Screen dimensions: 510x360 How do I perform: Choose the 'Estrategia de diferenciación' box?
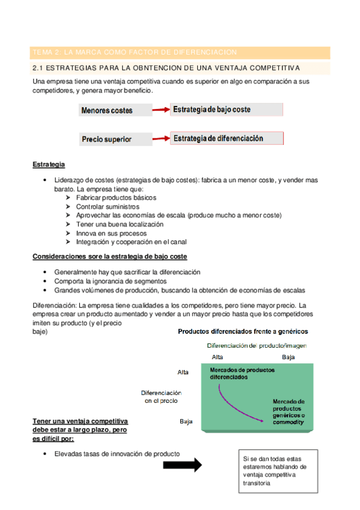227,138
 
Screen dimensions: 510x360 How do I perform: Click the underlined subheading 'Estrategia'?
49,164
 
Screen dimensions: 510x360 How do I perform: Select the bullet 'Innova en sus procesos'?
107,233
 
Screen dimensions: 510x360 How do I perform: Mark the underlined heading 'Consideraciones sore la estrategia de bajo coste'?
109,257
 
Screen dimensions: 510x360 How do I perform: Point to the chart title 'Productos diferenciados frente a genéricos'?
242,331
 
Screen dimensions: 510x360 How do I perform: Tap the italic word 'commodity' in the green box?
288,422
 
